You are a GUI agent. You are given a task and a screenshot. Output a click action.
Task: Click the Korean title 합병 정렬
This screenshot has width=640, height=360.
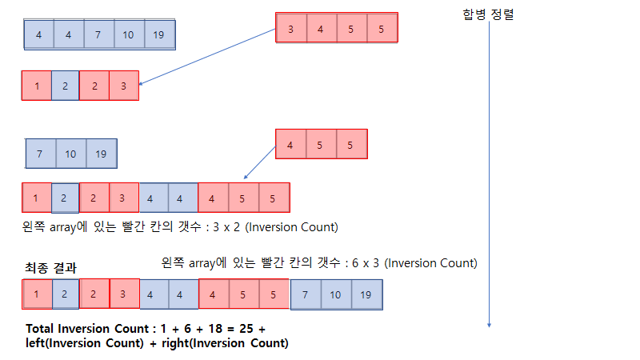click(x=488, y=14)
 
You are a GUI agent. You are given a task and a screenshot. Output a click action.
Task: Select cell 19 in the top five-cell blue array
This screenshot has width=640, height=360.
click(x=158, y=34)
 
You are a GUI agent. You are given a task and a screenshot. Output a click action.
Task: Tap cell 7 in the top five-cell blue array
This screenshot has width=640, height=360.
click(x=98, y=34)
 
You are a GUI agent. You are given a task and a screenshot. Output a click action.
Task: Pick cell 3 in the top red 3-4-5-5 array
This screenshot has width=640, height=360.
click(x=290, y=29)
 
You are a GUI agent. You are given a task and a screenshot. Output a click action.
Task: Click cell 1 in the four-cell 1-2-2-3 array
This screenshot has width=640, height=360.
click(x=36, y=86)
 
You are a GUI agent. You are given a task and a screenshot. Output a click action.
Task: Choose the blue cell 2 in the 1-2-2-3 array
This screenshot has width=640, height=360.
click(x=66, y=86)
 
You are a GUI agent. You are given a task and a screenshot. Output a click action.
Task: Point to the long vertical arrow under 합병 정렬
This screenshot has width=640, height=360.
click(x=489, y=176)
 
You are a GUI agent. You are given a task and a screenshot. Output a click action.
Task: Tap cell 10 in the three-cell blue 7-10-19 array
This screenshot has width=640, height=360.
click(x=71, y=154)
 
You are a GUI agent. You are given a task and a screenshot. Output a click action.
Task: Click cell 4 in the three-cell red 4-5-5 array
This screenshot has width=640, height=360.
click(x=290, y=146)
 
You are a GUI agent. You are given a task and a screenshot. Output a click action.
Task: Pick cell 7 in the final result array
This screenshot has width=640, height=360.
click(x=306, y=294)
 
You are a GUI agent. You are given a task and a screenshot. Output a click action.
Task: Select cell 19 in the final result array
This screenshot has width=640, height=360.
click(x=366, y=294)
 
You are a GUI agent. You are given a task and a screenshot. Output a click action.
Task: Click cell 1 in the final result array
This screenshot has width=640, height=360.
click(x=36, y=294)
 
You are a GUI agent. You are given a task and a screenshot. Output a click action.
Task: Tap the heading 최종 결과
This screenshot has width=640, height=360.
click(x=51, y=268)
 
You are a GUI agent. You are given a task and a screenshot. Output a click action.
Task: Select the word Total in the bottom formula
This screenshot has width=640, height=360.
click(x=41, y=329)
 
